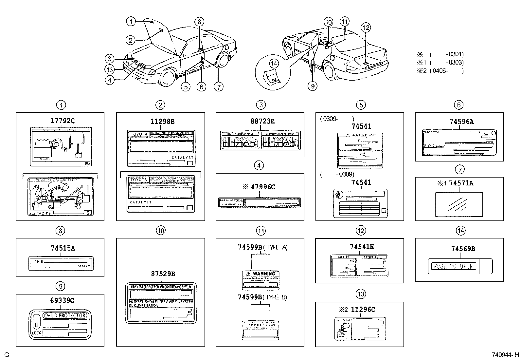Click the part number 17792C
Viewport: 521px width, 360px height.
[x=62, y=121]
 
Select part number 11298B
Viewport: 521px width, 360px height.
[x=162, y=122]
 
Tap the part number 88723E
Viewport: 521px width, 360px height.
[x=262, y=121]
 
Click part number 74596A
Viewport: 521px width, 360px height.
[x=461, y=122]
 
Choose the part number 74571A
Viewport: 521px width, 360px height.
[x=461, y=183]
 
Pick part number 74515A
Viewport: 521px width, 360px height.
[x=63, y=248]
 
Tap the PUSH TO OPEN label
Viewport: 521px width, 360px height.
[x=453, y=266]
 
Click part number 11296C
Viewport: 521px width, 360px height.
[x=363, y=309]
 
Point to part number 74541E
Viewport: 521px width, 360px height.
[x=362, y=247]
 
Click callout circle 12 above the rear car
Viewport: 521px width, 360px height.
[x=366, y=28]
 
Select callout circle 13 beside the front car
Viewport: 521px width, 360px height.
[x=110, y=69]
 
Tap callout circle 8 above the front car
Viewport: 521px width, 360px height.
[x=199, y=22]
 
